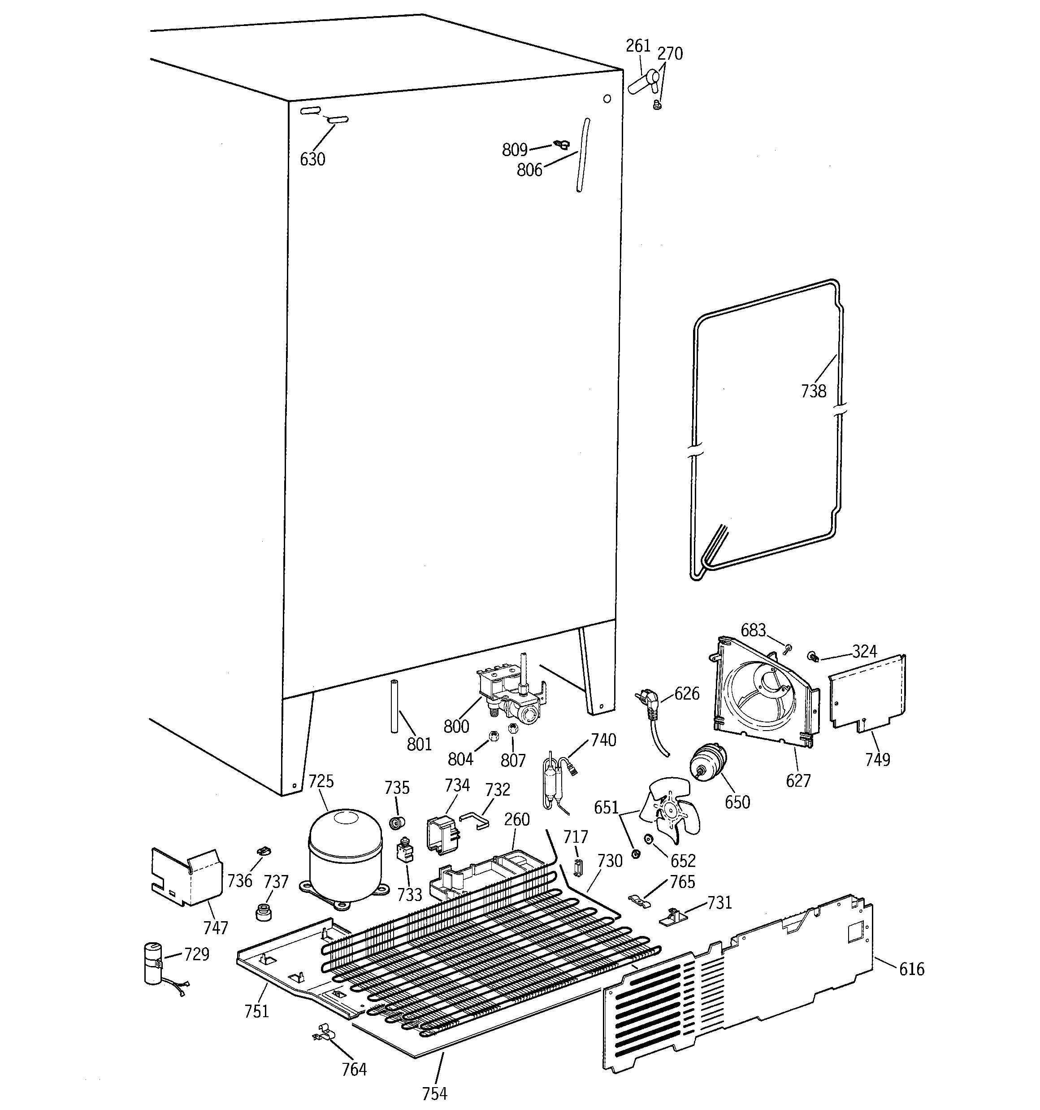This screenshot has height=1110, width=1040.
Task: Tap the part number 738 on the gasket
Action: click(x=813, y=391)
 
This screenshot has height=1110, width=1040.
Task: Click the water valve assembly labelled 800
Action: click(x=511, y=691)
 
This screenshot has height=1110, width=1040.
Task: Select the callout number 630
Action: click(x=312, y=160)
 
